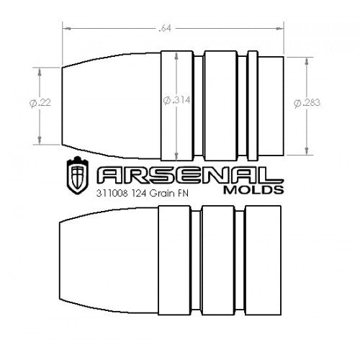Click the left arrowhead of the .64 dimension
tap(67, 30)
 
